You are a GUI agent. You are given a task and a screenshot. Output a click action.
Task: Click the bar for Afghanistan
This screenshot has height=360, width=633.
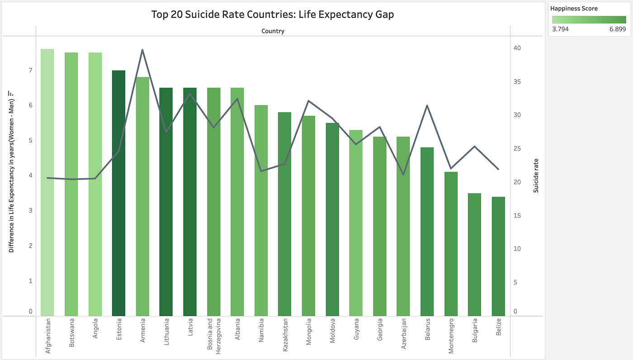(47, 181)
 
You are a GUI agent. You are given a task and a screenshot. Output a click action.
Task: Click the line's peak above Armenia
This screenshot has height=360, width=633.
(142, 50)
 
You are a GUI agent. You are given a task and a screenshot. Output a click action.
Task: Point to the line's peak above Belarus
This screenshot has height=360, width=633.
(427, 105)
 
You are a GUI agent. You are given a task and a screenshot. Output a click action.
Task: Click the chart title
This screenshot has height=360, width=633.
(273, 14)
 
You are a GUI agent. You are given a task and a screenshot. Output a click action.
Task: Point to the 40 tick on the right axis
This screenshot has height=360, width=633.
(517, 48)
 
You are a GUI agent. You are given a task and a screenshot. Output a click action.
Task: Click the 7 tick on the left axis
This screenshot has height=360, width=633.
(31, 71)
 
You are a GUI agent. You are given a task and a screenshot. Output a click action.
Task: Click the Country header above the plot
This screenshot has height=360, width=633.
(273, 31)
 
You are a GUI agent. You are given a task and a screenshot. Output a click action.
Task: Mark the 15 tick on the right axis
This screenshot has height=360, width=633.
(517, 216)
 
